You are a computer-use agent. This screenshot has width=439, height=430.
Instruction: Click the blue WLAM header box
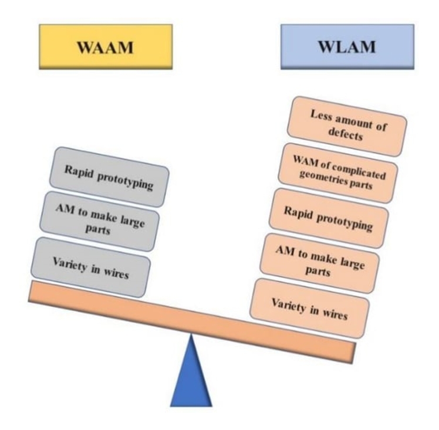(x=347, y=47)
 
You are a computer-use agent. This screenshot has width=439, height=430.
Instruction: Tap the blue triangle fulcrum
(x=191, y=375)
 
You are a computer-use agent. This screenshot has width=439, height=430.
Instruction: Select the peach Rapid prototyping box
(x=328, y=218)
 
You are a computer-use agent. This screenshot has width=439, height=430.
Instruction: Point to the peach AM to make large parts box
(x=320, y=263)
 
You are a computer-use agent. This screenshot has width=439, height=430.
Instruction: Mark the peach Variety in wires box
(x=310, y=308)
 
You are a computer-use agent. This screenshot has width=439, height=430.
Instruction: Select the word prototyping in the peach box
(x=346, y=222)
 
